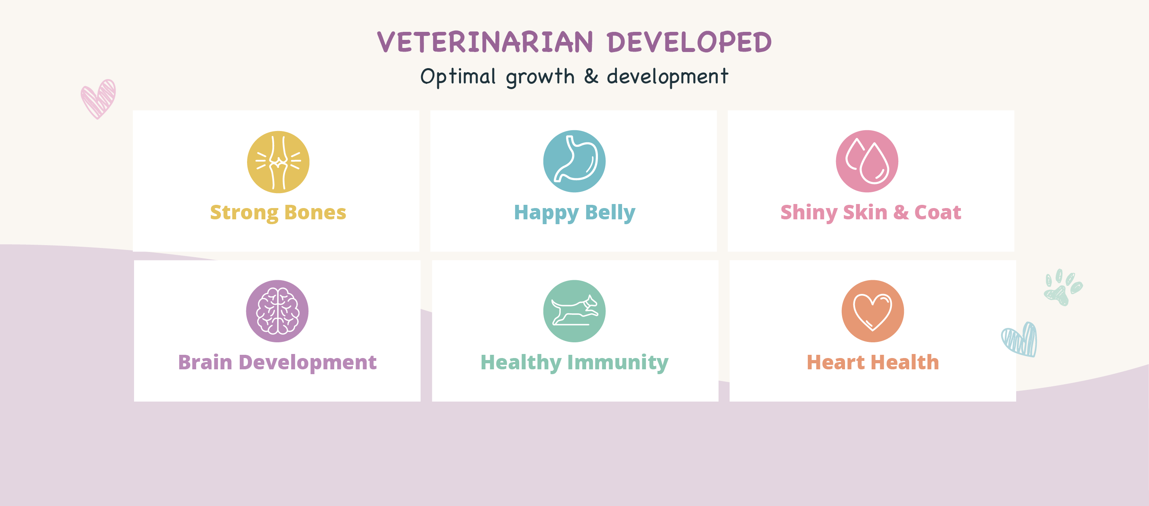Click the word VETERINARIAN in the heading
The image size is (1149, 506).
[x=485, y=42]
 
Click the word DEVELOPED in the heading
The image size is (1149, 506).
[x=689, y=42]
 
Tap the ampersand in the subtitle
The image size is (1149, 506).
[x=591, y=76]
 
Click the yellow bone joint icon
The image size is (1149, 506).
[x=278, y=162]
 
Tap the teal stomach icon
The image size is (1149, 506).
[x=574, y=161]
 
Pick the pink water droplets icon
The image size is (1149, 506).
[x=867, y=161]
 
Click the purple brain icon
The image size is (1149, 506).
[x=277, y=311]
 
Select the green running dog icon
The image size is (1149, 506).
[x=574, y=311]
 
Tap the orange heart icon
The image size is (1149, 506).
[x=873, y=311]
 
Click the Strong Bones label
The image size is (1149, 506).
[x=278, y=213]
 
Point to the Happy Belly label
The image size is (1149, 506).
[x=574, y=213]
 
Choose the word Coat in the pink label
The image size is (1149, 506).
[x=937, y=212]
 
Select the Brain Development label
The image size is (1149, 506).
[x=277, y=362]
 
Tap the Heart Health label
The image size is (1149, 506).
[x=873, y=362]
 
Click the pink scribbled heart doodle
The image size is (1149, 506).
[x=98, y=99]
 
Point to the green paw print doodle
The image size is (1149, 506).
[x=1063, y=288]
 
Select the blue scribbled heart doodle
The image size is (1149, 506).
[x=1020, y=339]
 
